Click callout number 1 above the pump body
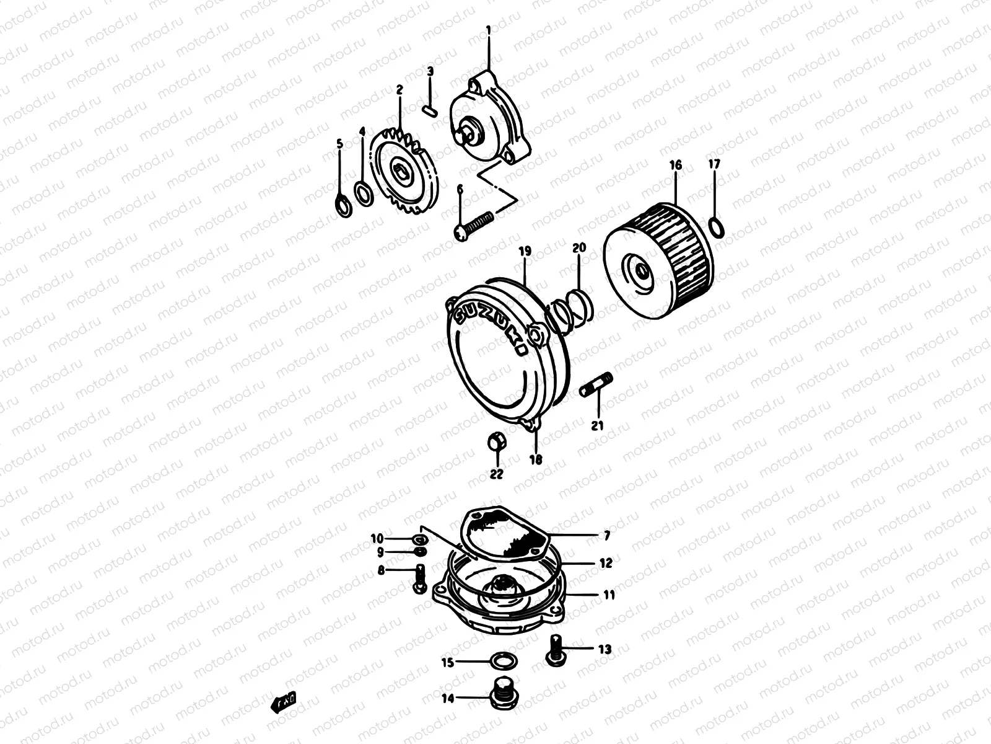pos(488,29)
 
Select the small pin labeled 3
pos(432,110)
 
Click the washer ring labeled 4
pos(364,192)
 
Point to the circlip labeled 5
pos(343,205)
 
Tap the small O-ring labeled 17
pos(716,227)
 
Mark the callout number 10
pos(395,538)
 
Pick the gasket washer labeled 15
pos(500,660)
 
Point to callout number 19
pos(525,252)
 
